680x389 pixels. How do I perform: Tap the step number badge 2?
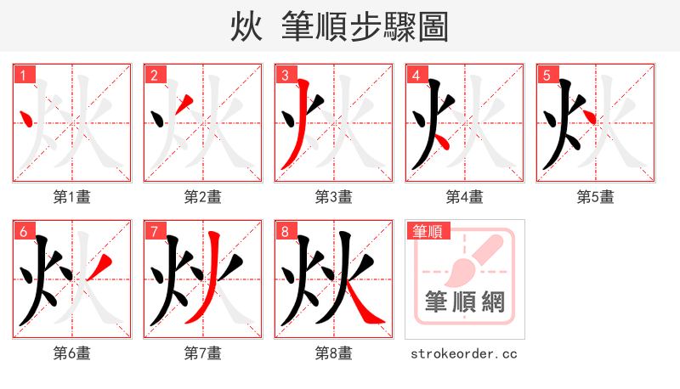click(x=154, y=75)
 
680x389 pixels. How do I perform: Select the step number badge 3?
click(x=285, y=75)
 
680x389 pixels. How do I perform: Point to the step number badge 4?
click(x=416, y=75)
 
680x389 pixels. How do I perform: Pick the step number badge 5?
click(x=547, y=75)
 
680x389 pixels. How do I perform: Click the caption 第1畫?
click(x=72, y=197)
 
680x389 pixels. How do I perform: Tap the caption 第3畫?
click(x=334, y=197)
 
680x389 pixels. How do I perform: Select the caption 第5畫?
click(x=596, y=197)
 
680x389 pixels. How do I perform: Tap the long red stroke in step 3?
click(x=294, y=127)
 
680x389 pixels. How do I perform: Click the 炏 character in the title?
click(x=246, y=27)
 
